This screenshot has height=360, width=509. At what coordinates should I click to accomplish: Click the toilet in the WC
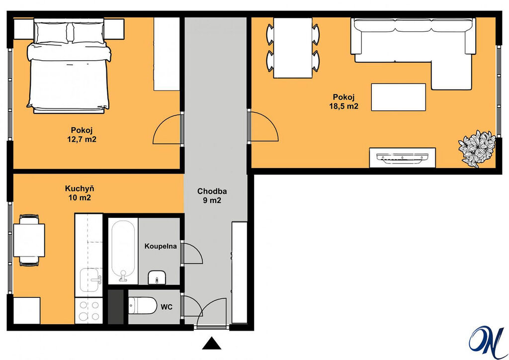[143, 305]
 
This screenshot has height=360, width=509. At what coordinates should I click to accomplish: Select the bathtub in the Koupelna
[123, 251]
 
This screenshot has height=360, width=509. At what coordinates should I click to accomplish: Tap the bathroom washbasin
[157, 277]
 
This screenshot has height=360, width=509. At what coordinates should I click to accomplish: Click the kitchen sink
[90, 280]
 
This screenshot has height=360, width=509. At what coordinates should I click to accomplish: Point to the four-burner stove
[89, 311]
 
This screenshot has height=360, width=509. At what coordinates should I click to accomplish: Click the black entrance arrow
[212, 343]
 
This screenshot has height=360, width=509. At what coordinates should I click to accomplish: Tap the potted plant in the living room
[477, 149]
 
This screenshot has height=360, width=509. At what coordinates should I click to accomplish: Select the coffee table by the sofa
[398, 97]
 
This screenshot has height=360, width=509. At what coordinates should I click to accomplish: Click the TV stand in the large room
[402, 158]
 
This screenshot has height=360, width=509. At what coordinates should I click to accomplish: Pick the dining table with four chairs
[293, 48]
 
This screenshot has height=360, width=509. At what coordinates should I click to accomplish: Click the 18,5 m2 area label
[344, 106]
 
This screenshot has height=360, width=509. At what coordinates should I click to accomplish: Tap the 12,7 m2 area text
[82, 139]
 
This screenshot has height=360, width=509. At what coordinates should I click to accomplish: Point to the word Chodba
[212, 191]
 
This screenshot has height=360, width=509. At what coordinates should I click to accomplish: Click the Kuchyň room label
[80, 188]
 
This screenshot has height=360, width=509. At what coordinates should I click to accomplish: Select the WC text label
[167, 307]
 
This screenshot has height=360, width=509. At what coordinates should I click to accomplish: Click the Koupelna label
[161, 246]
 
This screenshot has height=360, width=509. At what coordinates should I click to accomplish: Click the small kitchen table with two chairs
[29, 240]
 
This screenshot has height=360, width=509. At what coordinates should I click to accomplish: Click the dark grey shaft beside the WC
[116, 307]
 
